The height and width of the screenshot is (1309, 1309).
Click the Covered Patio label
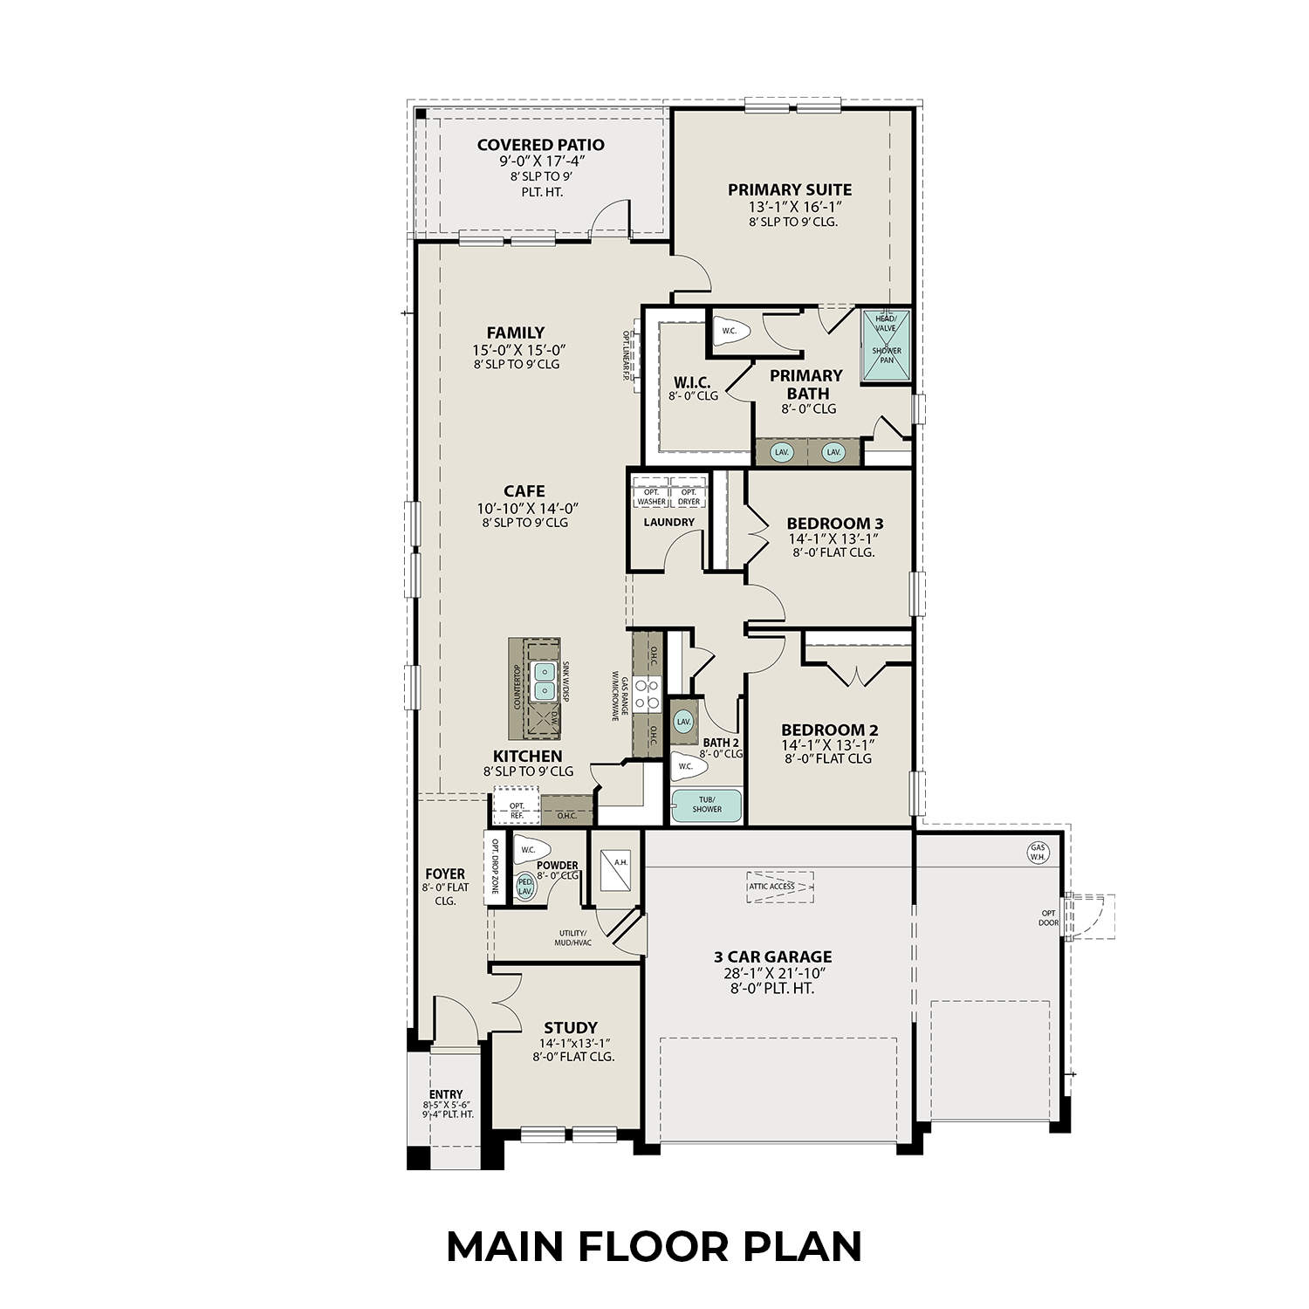coord(540,145)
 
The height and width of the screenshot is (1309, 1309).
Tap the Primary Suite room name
coord(790,189)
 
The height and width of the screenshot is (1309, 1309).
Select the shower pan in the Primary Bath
coord(887,346)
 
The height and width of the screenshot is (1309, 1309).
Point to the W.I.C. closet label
coord(692,383)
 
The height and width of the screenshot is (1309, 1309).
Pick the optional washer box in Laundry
coord(651,497)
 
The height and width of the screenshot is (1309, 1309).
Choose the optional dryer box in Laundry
coord(689,497)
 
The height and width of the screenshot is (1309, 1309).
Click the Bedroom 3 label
coord(834,524)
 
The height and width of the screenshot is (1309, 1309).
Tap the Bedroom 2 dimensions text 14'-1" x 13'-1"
coord(828,744)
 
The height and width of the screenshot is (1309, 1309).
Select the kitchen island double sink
coord(545,681)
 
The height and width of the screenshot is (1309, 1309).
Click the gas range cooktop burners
coord(647,694)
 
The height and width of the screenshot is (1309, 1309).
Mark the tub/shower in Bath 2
coord(706,805)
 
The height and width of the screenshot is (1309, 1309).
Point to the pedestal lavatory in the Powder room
coord(525,887)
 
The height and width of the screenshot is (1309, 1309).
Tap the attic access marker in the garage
coord(779,887)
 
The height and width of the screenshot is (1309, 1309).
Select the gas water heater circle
coord(1038,852)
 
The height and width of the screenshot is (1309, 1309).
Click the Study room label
coord(571,1028)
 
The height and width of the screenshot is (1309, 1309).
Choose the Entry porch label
coord(446,1094)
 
